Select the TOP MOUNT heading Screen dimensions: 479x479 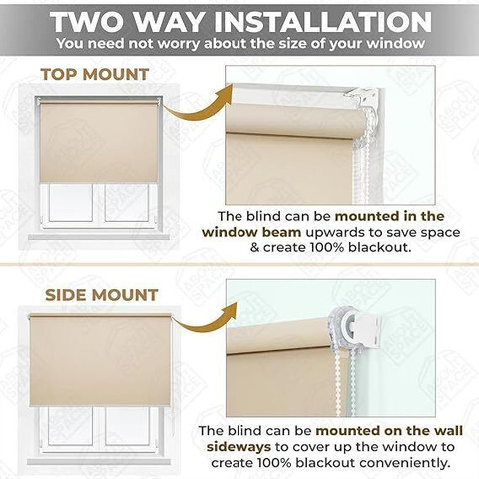point(95,74)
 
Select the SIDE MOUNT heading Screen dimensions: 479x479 point(101,295)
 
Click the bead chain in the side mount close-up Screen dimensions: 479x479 point(346,382)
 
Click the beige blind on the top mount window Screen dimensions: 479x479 point(99,143)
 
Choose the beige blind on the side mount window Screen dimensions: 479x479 point(100,360)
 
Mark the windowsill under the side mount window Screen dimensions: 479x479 point(99,462)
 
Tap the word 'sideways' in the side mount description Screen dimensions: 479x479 point(239,447)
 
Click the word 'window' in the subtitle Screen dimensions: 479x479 point(396,44)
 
